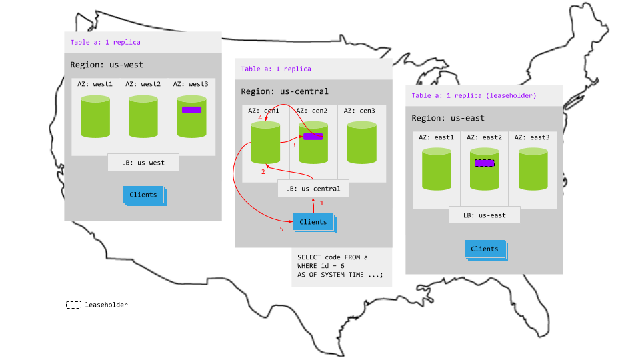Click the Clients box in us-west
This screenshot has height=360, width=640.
[x=143, y=195]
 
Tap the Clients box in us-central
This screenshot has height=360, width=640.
[x=313, y=222]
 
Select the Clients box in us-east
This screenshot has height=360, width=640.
[x=485, y=249]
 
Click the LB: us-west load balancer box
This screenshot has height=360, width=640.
[x=143, y=162]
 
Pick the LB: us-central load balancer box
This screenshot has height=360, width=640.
[x=313, y=189]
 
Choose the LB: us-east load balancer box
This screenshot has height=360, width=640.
[x=484, y=215]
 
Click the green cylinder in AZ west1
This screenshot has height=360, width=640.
[x=95, y=117]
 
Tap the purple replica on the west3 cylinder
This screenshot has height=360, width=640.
[x=191, y=110]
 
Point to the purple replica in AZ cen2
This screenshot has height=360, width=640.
[x=313, y=137]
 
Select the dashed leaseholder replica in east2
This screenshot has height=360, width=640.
[x=484, y=163]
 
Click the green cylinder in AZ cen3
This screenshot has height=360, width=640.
[x=361, y=143]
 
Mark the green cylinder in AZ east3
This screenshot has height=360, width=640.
[x=533, y=169]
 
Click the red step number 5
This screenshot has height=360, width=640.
[x=281, y=229]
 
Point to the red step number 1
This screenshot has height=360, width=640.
[x=321, y=203]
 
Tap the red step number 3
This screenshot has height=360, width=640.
[x=293, y=145]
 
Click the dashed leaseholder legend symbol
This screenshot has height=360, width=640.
[x=73, y=305]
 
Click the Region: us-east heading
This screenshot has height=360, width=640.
[x=447, y=118]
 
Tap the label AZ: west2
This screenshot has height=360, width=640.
[x=143, y=84]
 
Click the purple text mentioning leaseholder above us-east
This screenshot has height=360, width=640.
[x=474, y=95]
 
